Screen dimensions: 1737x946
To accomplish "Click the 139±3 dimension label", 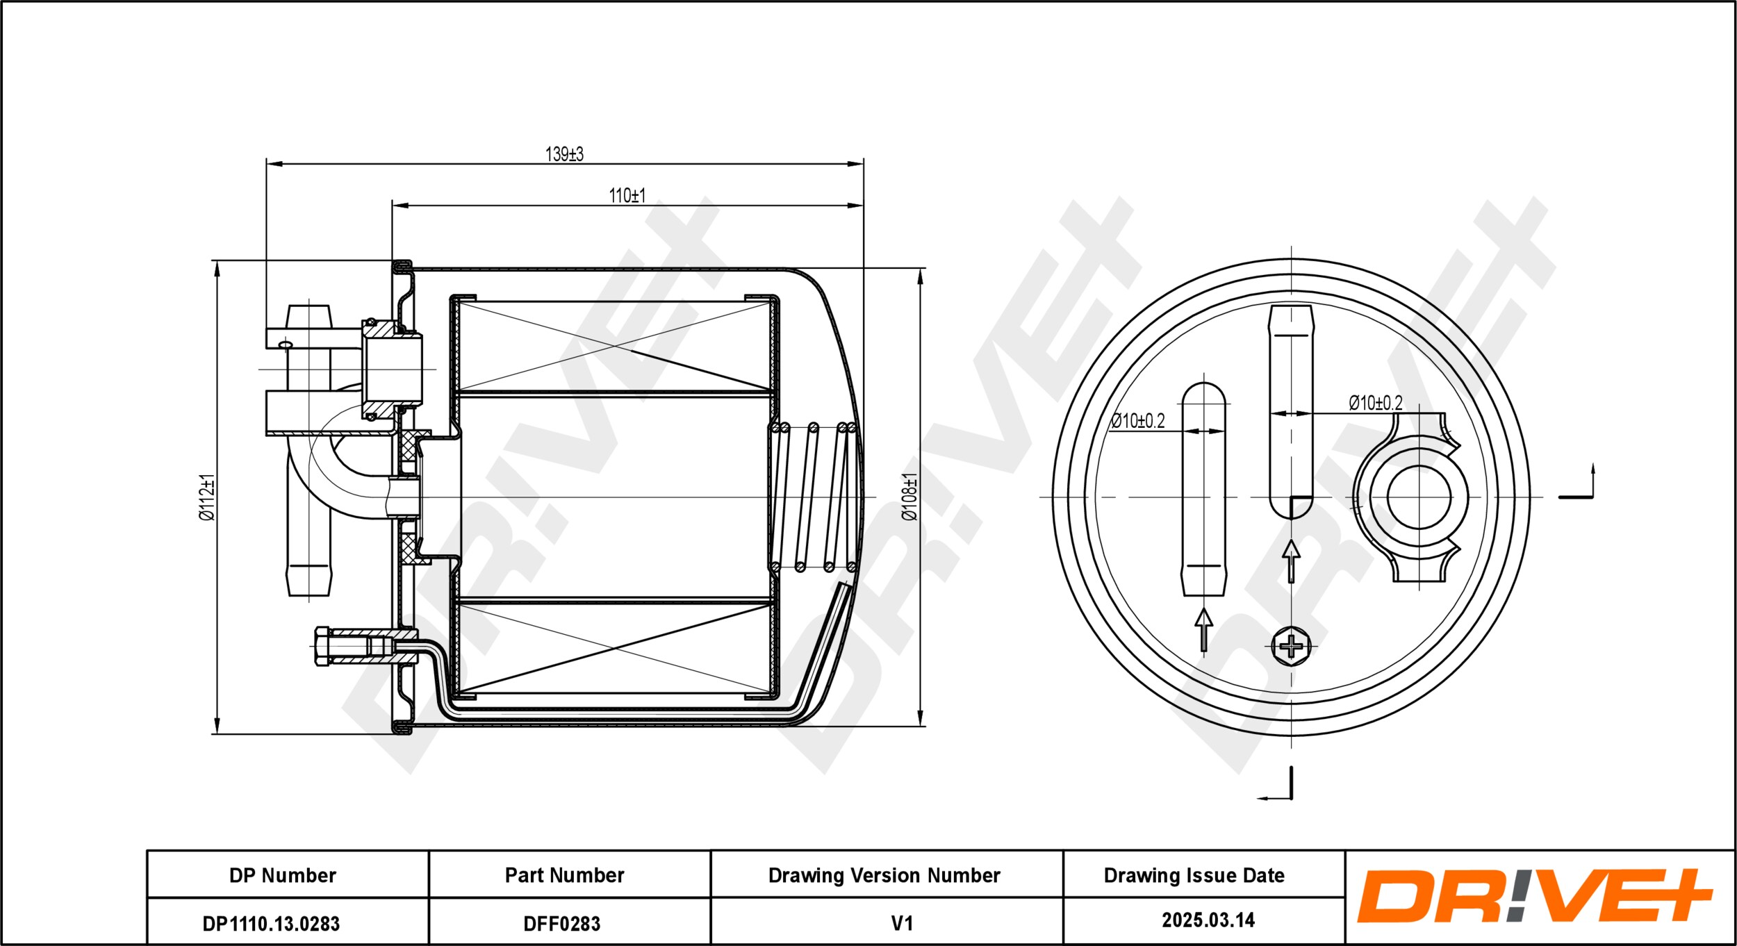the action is click(564, 153).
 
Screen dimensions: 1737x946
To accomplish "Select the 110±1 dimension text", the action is click(627, 195).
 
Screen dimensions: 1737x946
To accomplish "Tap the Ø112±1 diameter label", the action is click(207, 497).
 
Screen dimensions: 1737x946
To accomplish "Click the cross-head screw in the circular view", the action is click(1291, 647).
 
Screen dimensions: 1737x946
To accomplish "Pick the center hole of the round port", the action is click(1419, 497).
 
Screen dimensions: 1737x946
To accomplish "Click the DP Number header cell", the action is click(283, 875).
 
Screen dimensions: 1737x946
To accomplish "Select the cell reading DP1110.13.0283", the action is click(271, 923).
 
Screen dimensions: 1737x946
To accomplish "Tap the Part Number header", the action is click(564, 875).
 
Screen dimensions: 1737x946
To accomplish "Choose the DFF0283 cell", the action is click(561, 923).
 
